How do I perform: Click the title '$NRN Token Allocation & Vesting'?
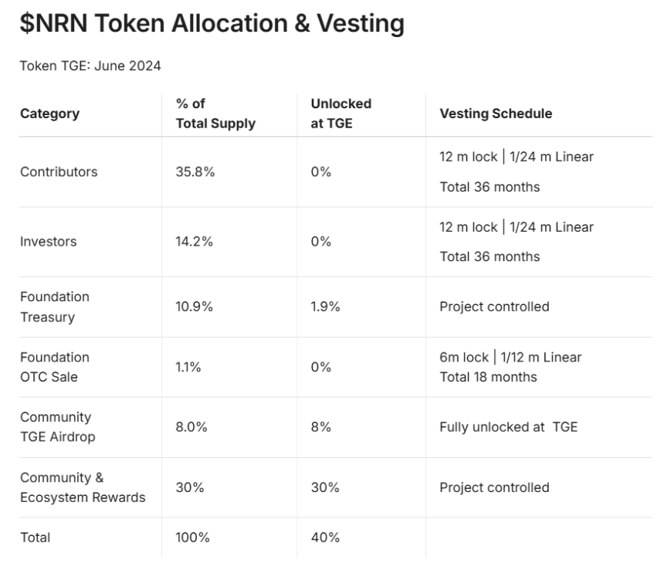tap(212, 23)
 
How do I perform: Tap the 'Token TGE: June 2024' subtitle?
tap(90, 66)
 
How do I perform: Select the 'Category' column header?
tap(50, 114)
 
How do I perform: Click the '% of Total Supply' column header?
tap(215, 114)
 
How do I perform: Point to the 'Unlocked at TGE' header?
tap(341, 114)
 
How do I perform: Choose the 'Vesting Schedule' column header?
tap(496, 114)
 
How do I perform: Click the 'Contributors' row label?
tap(59, 172)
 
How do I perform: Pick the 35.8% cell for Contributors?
tap(195, 172)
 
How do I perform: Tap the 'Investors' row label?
tap(49, 242)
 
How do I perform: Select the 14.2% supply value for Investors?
tap(195, 242)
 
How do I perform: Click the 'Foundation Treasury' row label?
tap(55, 307)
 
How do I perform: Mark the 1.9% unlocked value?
tap(325, 307)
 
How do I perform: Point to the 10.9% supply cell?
tap(195, 307)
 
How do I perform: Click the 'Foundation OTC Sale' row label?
tap(55, 367)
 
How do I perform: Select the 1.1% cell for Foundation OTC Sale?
tap(188, 367)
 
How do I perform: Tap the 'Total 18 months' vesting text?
tap(488, 377)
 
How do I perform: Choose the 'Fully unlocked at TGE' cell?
tap(509, 427)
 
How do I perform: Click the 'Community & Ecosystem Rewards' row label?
tap(83, 487)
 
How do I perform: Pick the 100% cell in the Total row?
tap(193, 538)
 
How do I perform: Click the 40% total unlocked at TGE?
tap(325, 538)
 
